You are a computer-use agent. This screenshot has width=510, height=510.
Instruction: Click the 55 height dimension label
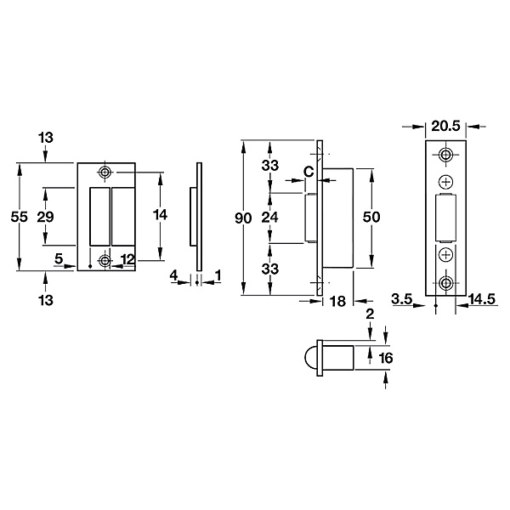point(20,217)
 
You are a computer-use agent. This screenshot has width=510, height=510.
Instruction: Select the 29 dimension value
point(45,217)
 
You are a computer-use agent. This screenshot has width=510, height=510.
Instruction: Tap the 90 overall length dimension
point(243,218)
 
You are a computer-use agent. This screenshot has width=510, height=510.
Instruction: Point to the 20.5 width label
point(446,126)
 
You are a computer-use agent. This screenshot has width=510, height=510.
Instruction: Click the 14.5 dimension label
point(482,299)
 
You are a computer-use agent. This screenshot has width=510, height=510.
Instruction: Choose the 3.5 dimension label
point(402,299)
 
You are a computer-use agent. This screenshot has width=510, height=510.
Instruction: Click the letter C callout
point(309,172)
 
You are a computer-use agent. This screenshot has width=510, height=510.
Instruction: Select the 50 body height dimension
point(371,217)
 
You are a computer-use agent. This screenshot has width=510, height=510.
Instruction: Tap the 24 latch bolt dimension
point(270,217)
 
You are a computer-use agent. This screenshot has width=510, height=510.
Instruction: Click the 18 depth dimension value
point(338,302)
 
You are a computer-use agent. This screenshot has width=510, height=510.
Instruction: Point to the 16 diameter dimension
point(386,358)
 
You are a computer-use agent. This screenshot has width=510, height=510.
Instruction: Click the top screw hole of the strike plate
point(105,172)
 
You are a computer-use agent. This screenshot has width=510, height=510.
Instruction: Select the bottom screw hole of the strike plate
point(105,261)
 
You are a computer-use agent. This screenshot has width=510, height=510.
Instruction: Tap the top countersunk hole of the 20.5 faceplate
point(445,155)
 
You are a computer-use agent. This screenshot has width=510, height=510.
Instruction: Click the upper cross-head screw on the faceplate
point(446,182)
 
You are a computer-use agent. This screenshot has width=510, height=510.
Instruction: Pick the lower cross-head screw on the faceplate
point(446,255)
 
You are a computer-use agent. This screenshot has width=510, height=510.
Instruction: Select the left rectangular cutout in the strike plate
point(99,217)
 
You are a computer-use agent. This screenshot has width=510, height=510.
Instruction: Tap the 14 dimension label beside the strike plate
point(160,215)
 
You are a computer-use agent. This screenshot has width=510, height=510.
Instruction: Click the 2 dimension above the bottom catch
point(370,314)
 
